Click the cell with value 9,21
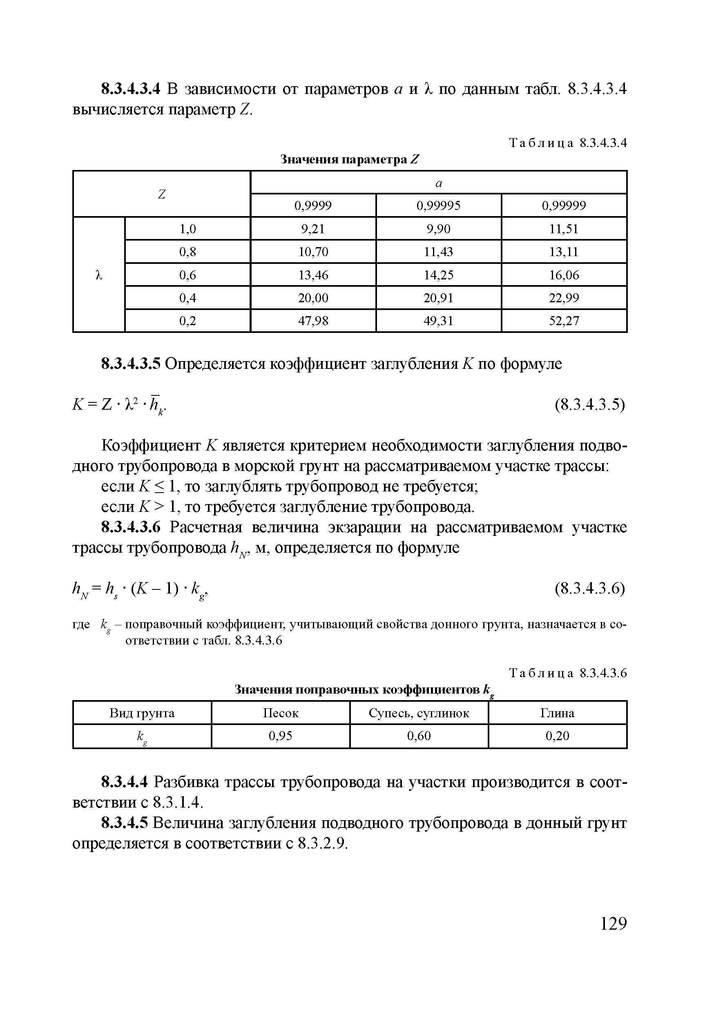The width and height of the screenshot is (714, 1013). pos(313,229)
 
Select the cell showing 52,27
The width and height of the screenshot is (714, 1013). pos(564,321)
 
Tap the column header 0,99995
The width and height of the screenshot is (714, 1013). pos(438,205)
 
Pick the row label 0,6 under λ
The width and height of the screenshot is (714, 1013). pos(187,275)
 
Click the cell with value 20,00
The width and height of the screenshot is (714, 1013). pos(313,298)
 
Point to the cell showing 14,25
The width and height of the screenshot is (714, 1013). pos(438,275)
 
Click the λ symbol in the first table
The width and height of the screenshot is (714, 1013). pos(99,275)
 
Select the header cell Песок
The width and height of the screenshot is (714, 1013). pos(281,714)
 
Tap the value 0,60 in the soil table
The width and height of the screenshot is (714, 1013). pos(419,736)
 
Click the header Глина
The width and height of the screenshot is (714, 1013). pos(557,714)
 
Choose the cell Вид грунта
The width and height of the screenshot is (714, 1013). pos(142,714)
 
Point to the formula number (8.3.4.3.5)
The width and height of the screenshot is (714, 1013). pos(590,404)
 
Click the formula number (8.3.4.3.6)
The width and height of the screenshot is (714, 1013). pos(590,589)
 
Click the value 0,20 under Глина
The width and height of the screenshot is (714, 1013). pos(557,736)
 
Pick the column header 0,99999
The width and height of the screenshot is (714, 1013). pos(564,205)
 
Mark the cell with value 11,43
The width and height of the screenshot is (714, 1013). pos(438,252)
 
